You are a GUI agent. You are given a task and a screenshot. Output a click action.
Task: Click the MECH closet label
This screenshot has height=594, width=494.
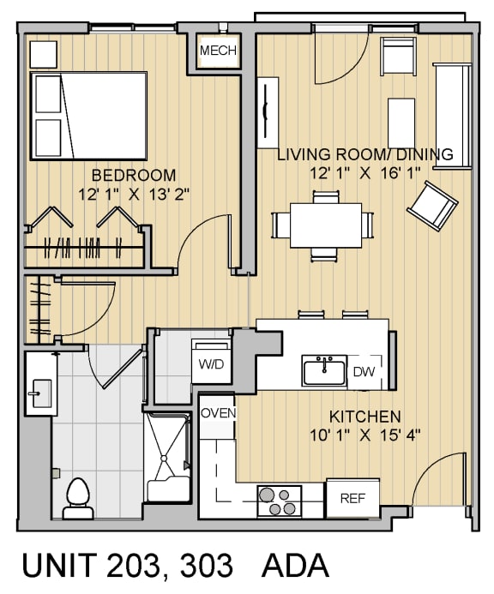click(x=218, y=51)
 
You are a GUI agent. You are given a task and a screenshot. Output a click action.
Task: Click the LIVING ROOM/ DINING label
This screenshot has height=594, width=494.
click(x=364, y=155)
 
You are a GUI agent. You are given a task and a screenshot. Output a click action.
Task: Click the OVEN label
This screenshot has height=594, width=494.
click(x=218, y=413)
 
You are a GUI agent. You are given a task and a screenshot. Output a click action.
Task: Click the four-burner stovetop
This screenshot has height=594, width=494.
click(x=280, y=501)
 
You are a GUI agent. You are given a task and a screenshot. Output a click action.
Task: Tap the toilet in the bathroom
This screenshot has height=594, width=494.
click(x=78, y=496)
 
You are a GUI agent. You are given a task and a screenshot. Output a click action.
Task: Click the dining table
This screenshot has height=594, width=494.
click(x=324, y=225)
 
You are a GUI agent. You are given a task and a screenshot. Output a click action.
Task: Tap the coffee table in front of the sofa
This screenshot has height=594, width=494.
click(x=402, y=123)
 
